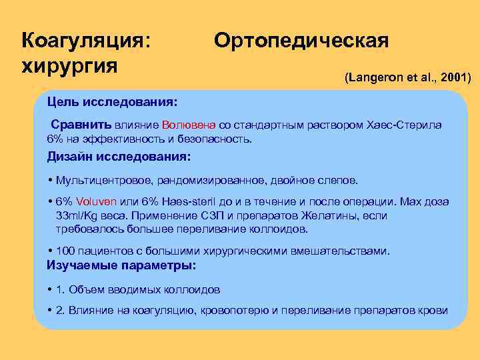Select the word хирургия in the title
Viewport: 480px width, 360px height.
click(x=69, y=66)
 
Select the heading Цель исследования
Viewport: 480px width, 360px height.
click(x=112, y=103)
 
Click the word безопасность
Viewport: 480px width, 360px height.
click(x=213, y=139)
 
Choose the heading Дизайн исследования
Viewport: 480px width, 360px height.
click(x=118, y=157)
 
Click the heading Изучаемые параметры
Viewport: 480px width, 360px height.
click(x=121, y=265)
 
